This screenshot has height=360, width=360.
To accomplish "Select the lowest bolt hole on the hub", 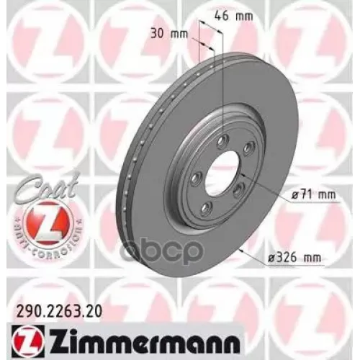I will tap(205, 209).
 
